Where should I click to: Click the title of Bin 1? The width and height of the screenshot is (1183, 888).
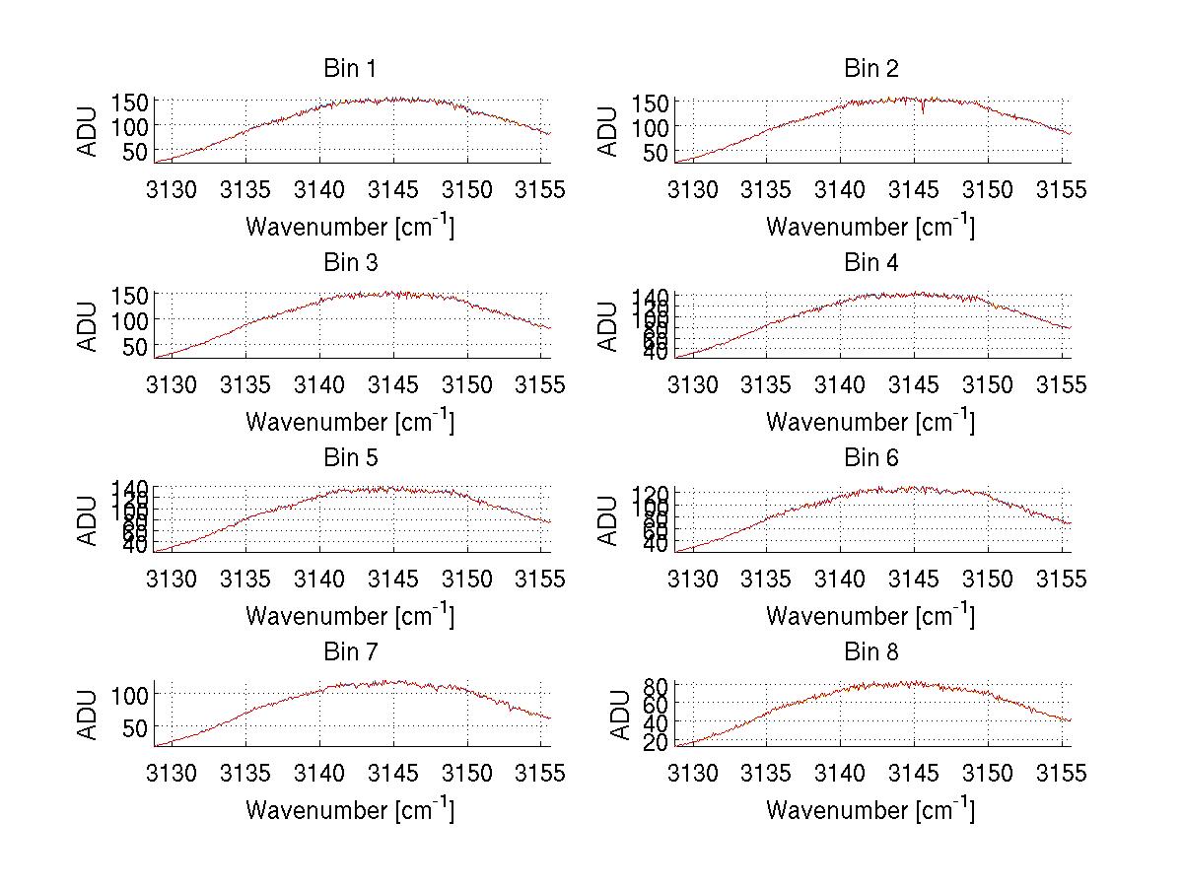[x=350, y=69]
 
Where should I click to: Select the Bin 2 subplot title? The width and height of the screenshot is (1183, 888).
[x=871, y=69]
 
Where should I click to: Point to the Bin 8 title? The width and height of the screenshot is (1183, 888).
[x=871, y=652]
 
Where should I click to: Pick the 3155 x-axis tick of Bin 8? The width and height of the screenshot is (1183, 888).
[x=1062, y=774]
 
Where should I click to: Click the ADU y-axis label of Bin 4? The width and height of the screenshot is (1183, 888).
[x=609, y=325]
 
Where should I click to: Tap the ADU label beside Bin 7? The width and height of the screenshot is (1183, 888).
[x=89, y=715]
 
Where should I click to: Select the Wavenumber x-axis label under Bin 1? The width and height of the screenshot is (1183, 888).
[x=350, y=227]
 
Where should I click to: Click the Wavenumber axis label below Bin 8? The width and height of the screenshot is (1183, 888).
[x=871, y=810]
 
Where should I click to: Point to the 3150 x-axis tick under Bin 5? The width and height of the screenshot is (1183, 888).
[x=467, y=580]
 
